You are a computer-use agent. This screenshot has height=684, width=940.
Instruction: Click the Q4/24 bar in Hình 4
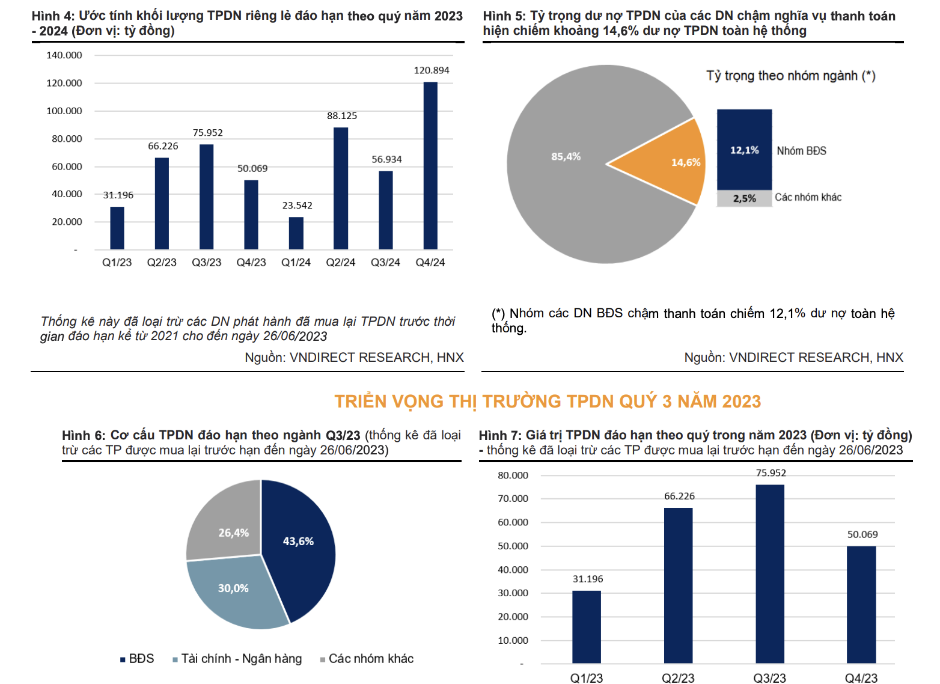(430, 165)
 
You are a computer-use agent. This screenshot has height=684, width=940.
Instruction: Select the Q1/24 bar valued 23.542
(296, 233)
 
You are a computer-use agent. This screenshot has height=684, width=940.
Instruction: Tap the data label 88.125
(342, 115)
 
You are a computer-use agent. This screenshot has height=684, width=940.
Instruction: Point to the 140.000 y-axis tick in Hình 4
(64, 55)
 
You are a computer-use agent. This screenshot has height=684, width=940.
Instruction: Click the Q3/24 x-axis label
(385, 263)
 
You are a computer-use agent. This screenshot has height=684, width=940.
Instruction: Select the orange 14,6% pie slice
(667, 163)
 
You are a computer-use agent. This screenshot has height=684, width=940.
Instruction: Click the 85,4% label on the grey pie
(566, 156)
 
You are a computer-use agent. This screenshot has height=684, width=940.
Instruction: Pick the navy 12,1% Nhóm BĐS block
(744, 150)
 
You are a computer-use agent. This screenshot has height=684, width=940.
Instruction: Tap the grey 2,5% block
(744, 198)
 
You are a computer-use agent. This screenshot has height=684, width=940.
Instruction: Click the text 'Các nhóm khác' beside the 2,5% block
(808, 197)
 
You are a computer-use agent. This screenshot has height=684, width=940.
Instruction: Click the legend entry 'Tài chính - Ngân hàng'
(241, 659)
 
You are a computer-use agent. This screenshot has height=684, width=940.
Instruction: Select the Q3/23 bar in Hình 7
(770, 574)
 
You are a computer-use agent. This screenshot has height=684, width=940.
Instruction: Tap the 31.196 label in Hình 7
(588, 579)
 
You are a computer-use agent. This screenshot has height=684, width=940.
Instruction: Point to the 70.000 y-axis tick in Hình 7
(513, 498)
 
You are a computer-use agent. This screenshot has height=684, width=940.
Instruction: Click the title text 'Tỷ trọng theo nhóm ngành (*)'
(791, 76)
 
